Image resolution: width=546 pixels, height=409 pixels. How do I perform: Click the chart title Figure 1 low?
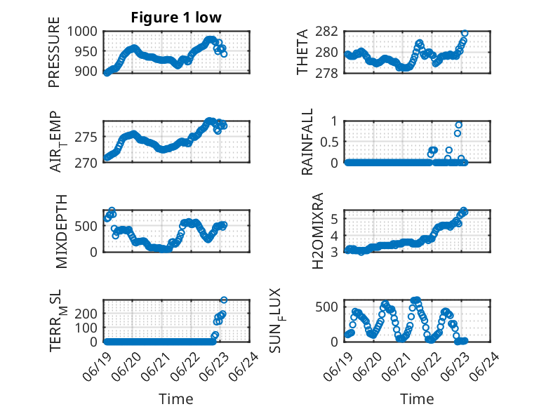point(176,18)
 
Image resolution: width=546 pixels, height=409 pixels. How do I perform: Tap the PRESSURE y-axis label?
point(54,52)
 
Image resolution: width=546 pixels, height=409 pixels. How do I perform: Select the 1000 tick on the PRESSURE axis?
point(82,32)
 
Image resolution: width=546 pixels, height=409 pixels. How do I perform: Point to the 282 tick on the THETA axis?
point(326,32)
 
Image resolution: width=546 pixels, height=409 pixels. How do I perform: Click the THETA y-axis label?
point(302,52)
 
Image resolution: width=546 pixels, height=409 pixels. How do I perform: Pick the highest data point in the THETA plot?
point(465,33)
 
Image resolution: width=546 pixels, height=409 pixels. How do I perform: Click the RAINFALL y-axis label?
point(307,142)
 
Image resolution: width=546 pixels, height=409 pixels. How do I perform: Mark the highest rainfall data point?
point(458,125)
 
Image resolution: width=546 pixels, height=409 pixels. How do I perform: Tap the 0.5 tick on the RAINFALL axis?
point(329,142)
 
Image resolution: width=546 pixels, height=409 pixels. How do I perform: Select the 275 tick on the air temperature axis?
point(86,137)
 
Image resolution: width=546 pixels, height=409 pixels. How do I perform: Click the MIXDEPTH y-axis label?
point(61,232)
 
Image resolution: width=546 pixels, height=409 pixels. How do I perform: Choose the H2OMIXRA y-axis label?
point(318,231)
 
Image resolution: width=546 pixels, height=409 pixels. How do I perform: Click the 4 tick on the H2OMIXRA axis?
point(334,236)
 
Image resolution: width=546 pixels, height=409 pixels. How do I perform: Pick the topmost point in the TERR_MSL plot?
point(224,300)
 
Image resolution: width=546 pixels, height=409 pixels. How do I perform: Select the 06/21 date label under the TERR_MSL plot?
point(157,366)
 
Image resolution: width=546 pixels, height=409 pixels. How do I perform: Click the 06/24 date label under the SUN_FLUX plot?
point(485,366)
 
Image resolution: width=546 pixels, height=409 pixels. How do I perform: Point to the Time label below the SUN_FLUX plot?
point(417,398)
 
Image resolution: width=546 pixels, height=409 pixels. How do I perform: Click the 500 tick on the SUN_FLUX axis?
point(326,307)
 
